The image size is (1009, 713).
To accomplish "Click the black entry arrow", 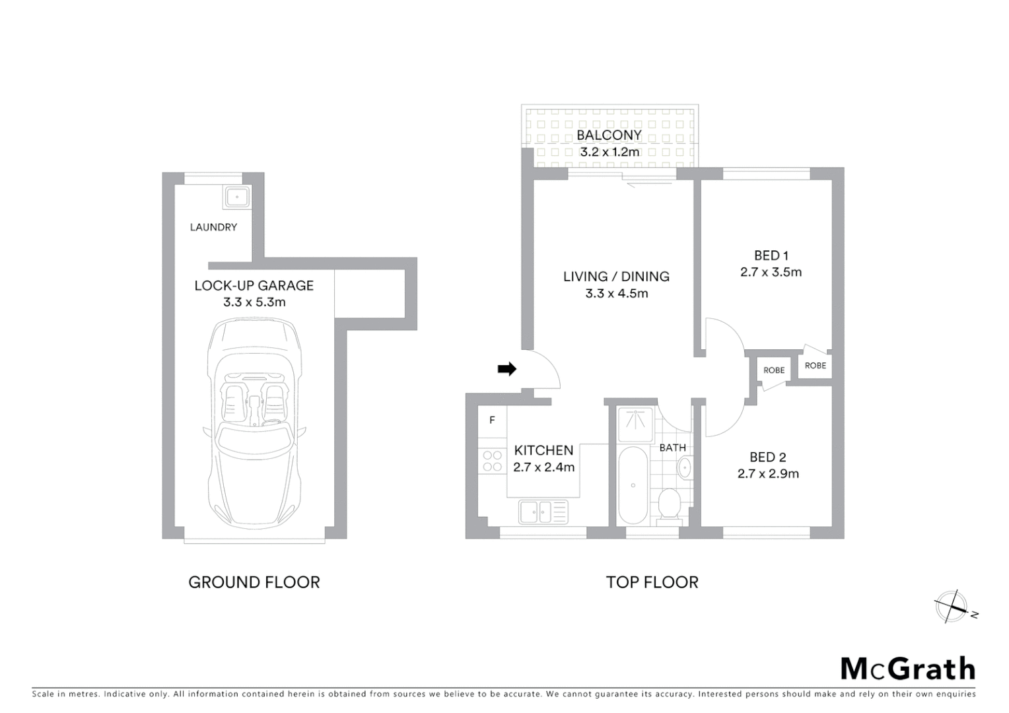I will (506, 370).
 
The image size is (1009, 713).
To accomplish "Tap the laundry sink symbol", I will (236, 197).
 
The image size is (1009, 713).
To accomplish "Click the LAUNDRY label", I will (213, 227).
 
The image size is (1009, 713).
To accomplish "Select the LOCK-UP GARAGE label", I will (254, 285).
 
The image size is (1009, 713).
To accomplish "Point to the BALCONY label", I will (609, 135).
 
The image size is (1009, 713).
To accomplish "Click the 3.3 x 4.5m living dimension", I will (616, 294).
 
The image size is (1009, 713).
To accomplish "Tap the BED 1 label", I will (771, 255).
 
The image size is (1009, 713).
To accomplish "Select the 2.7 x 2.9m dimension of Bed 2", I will (768, 473).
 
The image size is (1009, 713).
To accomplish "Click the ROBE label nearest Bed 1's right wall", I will (816, 365).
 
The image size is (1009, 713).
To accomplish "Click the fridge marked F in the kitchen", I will (492, 421).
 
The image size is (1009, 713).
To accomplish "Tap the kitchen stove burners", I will (492, 461).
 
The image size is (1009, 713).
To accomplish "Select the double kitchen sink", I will (543, 512).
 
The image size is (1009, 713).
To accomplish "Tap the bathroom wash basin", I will (685, 468).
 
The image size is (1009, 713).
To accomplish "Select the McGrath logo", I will (907, 669).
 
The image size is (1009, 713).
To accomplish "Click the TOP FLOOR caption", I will (652, 582).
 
